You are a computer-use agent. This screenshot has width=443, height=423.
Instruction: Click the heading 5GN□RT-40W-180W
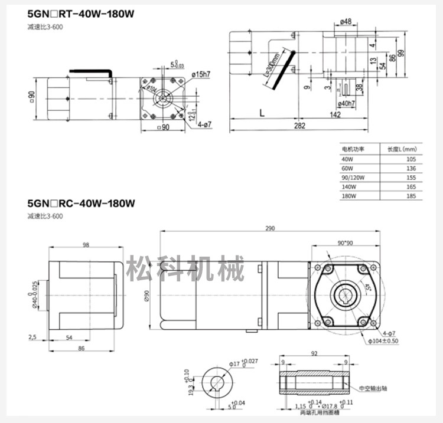(x=81, y=14)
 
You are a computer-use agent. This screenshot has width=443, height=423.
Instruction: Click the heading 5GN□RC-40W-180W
(x=81, y=204)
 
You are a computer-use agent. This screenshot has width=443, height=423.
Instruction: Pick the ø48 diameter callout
(x=346, y=22)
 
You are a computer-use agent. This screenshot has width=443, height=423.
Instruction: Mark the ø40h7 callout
(x=346, y=104)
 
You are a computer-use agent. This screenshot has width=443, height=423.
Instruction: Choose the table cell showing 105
(x=411, y=159)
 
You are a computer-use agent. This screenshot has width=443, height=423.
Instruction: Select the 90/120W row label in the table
(x=353, y=178)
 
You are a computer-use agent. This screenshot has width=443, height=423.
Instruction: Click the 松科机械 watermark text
(x=185, y=270)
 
